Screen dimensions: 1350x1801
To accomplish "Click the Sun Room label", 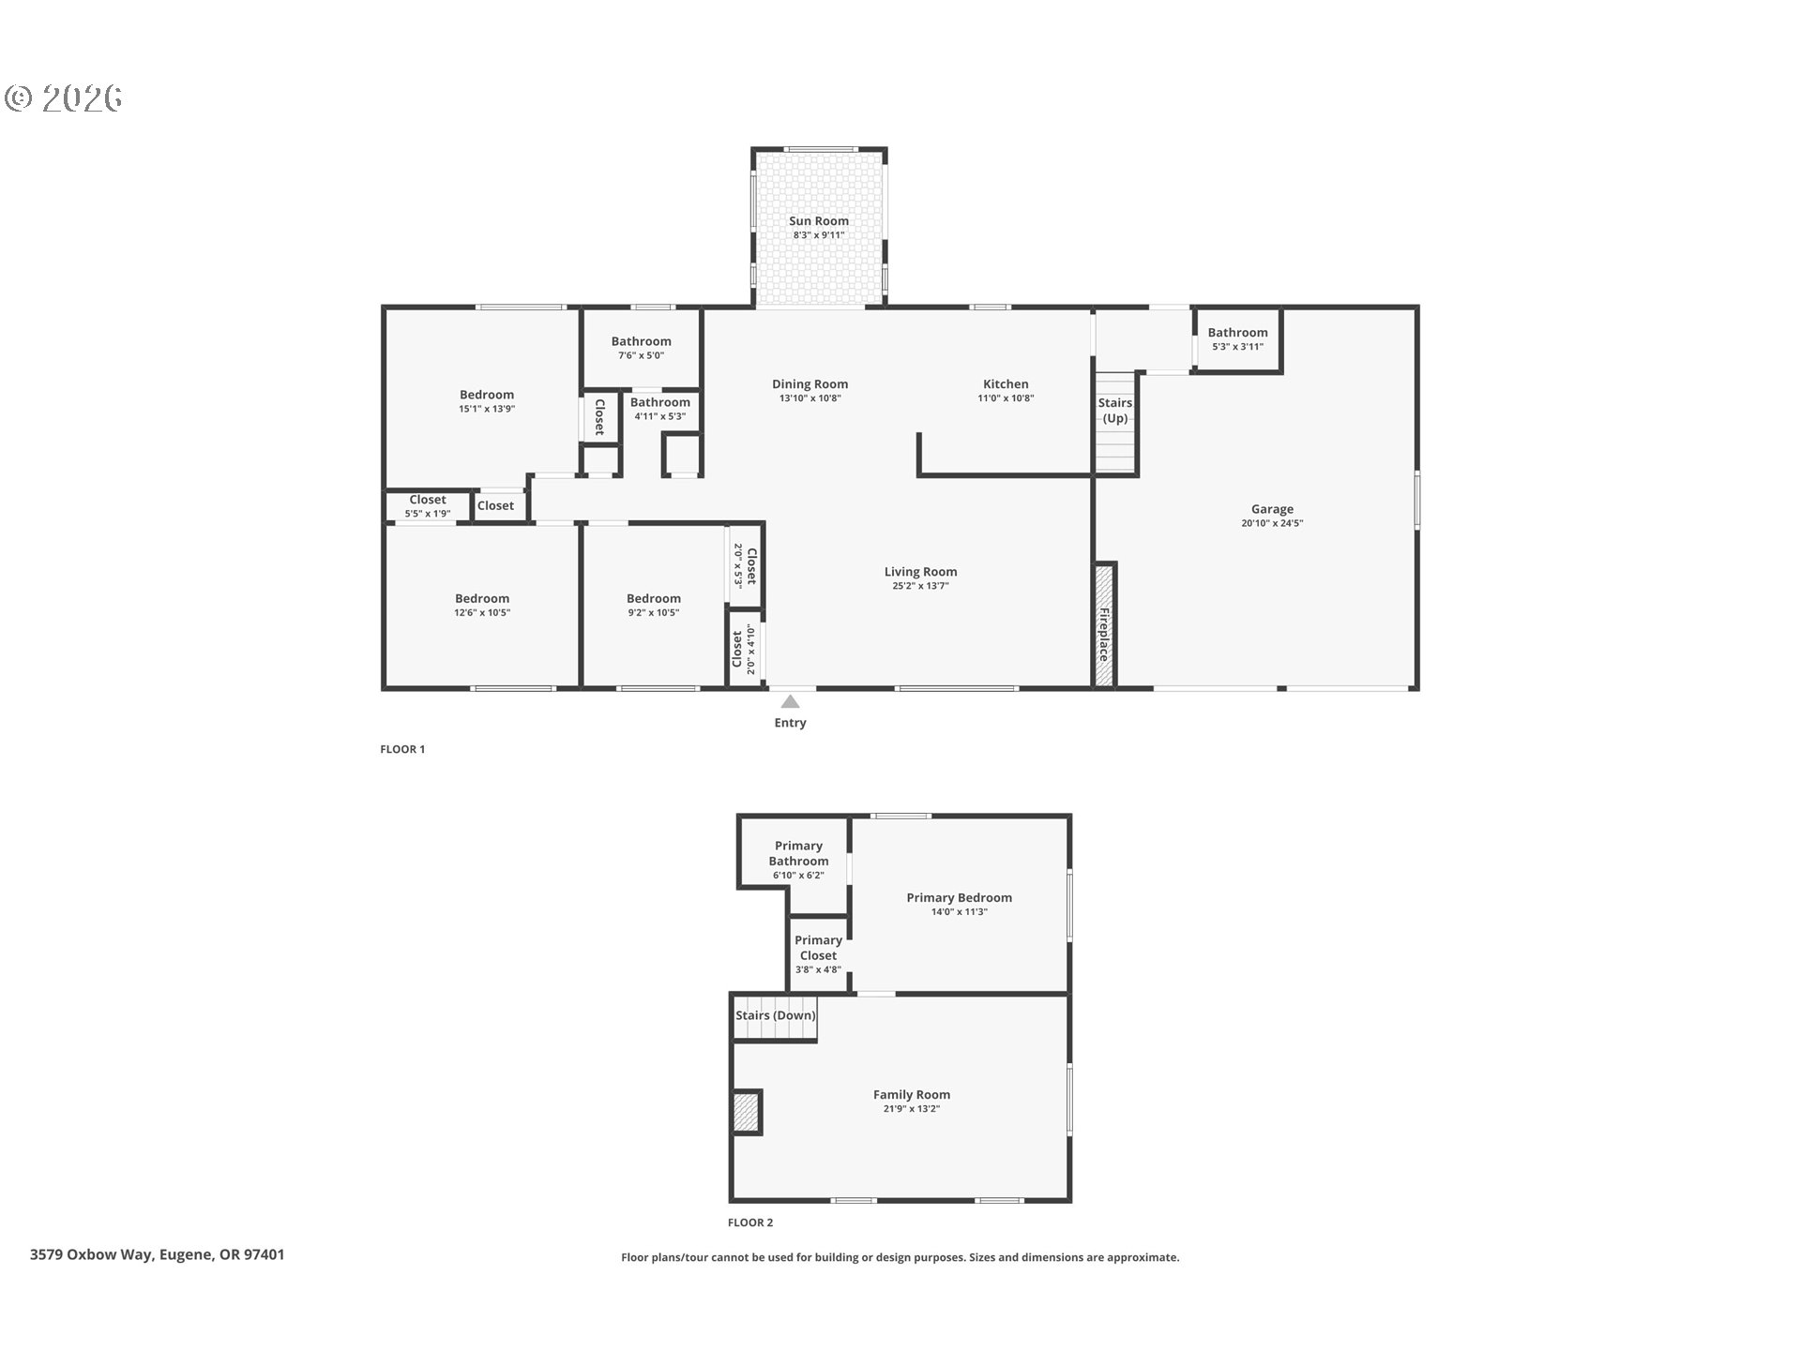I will [818, 221].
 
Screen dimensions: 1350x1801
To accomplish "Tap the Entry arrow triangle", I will [791, 701].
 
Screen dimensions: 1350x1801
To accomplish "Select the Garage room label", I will [1272, 509].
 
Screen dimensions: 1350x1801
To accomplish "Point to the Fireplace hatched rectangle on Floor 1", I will [1104, 625].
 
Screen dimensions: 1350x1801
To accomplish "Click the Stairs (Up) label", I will [1115, 411].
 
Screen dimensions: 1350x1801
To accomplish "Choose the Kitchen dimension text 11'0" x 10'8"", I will [1006, 398].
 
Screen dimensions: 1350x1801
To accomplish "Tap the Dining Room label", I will [810, 383].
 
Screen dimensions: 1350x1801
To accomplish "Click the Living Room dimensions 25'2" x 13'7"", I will [920, 586].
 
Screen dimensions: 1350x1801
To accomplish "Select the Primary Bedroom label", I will [959, 897].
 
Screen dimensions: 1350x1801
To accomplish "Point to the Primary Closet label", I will [818, 948].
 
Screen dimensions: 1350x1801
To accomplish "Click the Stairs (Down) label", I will [776, 1015].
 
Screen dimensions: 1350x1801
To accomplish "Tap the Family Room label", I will [911, 1094].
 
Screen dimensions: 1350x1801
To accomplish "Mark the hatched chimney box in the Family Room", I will [746, 1112].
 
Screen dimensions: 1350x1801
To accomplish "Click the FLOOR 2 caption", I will [750, 1222].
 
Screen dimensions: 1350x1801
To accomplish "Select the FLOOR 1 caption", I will [402, 749].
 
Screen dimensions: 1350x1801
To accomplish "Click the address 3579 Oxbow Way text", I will [157, 1254].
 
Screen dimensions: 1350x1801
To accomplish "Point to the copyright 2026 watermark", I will [64, 98].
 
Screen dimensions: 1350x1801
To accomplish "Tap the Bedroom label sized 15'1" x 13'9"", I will [486, 395].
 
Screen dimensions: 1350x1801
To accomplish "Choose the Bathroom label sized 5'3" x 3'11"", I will [1237, 332].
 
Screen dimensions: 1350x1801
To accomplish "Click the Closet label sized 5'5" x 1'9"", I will [428, 500].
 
